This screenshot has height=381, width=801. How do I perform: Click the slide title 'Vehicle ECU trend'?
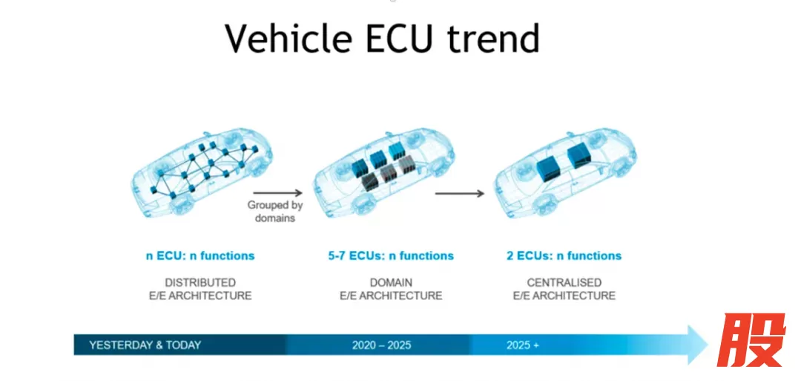click(382, 39)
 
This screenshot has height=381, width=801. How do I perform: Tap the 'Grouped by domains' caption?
click(275, 212)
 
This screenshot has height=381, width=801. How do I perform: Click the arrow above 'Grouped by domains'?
click(278, 192)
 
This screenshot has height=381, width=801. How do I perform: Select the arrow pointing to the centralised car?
click(459, 193)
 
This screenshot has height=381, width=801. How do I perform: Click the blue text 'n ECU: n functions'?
click(200, 255)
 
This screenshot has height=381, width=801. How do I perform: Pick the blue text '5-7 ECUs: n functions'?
click(391, 255)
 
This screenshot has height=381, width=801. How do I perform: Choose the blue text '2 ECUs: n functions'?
click(564, 255)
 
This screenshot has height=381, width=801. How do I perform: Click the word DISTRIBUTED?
click(200, 283)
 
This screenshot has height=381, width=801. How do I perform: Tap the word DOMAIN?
click(391, 283)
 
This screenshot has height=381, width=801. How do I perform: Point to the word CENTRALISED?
click(564, 283)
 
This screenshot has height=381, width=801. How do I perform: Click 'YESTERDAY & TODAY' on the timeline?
click(145, 345)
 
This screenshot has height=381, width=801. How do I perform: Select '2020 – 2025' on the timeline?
click(382, 345)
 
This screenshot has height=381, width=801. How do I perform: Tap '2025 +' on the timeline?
click(523, 345)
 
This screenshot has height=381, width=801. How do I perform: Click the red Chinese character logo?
click(751, 340)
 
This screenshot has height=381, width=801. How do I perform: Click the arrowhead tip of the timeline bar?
click(708, 345)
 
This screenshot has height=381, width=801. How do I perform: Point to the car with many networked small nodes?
click(202, 172)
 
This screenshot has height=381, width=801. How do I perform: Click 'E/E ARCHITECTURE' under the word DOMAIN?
click(391, 296)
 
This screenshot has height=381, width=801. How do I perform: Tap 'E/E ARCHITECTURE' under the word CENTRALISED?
click(564, 296)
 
